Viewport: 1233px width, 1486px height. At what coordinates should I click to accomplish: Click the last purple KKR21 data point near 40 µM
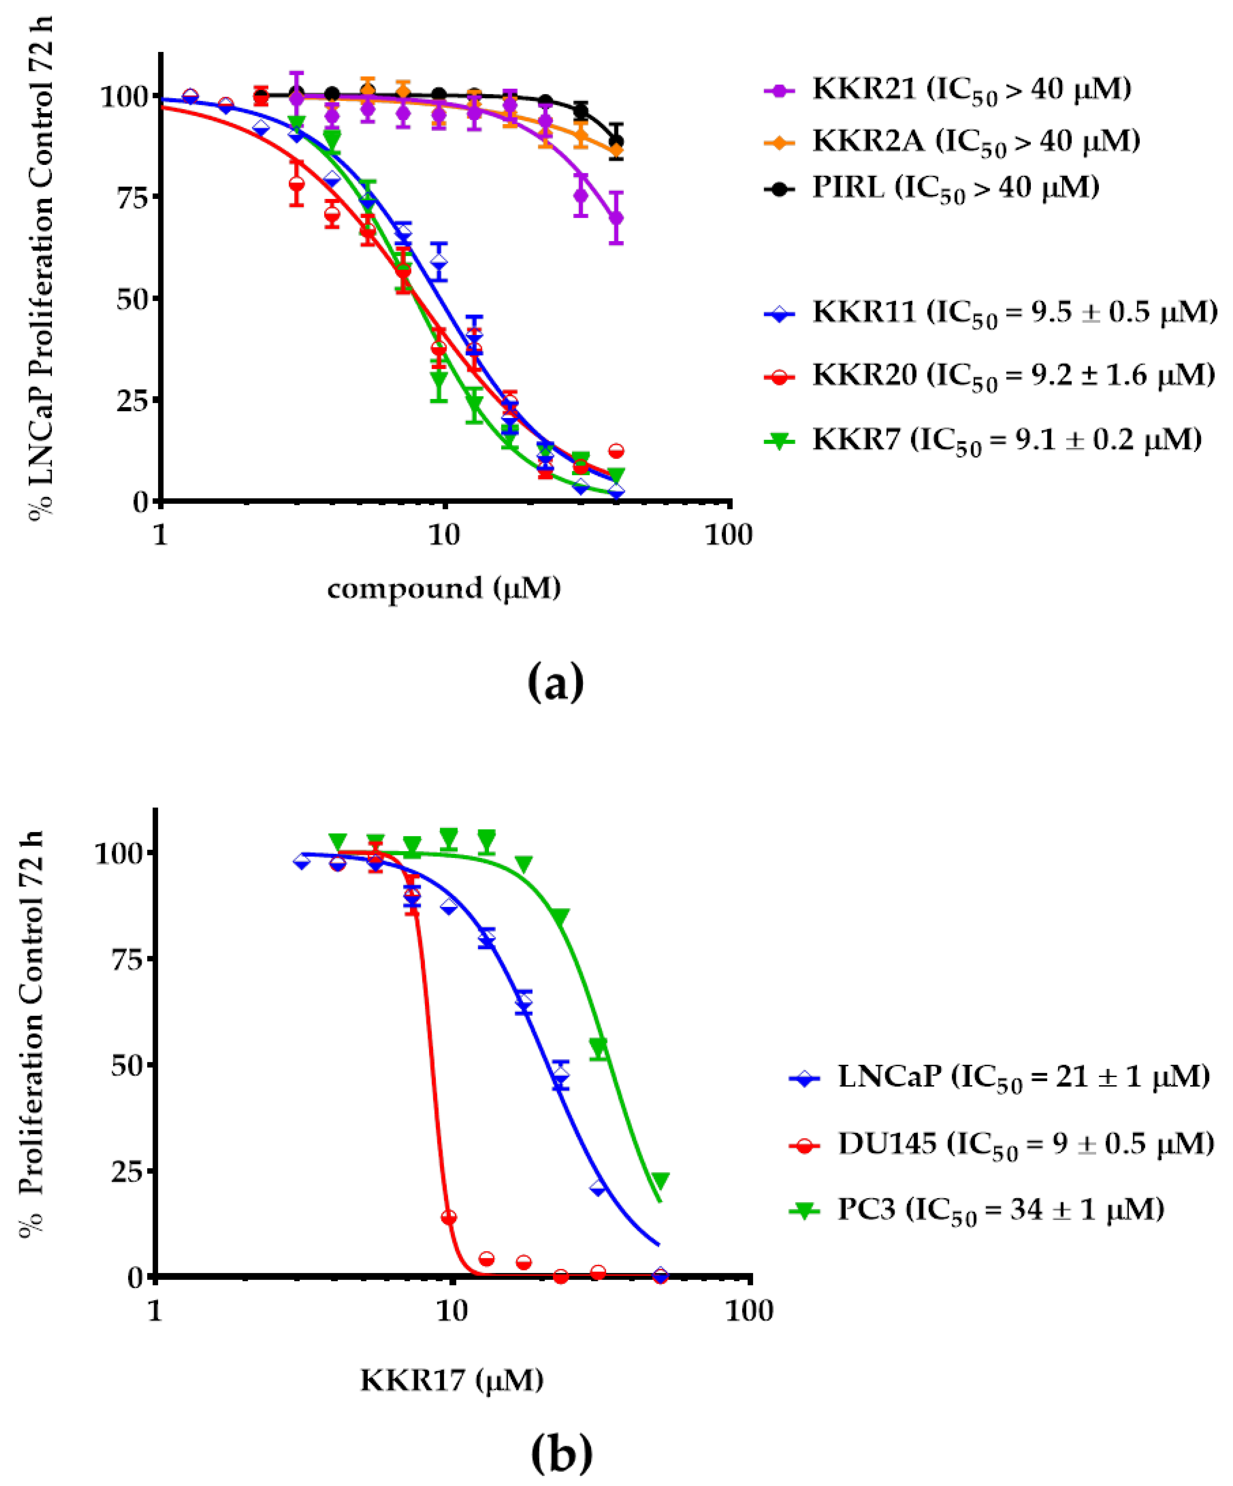tap(616, 218)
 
